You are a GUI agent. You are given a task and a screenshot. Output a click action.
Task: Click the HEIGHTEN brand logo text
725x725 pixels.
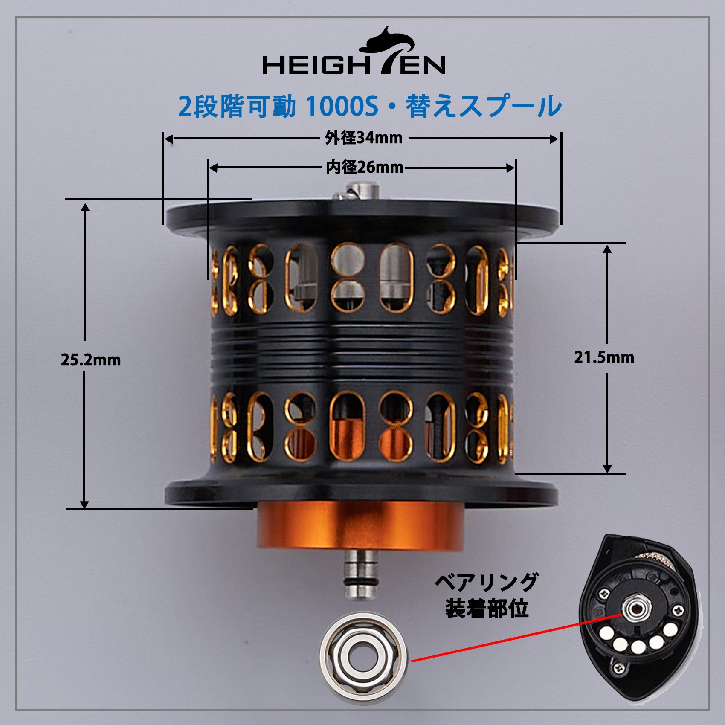(x=354, y=65)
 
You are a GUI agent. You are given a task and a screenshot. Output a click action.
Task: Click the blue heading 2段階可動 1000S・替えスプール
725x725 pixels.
(x=369, y=106)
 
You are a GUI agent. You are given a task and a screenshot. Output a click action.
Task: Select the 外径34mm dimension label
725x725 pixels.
(x=364, y=138)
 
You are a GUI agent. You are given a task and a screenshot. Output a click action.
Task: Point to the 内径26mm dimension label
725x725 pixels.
(x=365, y=168)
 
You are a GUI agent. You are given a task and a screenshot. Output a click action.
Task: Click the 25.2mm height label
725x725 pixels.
(x=91, y=360)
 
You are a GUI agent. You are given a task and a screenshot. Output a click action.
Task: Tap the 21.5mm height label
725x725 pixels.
(x=604, y=357)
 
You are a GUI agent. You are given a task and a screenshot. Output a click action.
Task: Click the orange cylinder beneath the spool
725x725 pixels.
(x=360, y=528)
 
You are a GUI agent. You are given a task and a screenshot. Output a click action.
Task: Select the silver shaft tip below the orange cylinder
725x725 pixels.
(x=360, y=574)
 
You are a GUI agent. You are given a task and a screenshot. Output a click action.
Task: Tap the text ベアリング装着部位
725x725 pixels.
(x=487, y=596)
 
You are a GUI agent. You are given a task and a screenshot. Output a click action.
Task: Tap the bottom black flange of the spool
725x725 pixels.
(x=362, y=493)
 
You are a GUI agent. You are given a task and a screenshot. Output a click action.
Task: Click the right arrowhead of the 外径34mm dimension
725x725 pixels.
(x=553, y=139)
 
